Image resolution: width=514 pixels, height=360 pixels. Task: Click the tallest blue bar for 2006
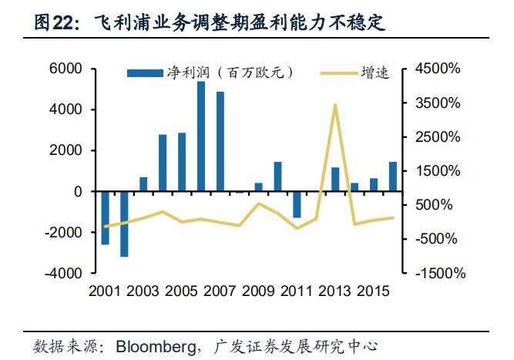[x=201, y=136]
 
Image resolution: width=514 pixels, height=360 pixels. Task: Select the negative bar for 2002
[x=124, y=224]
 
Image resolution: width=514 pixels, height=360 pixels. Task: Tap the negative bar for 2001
[x=105, y=217]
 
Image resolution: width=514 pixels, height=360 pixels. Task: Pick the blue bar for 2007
[x=220, y=141]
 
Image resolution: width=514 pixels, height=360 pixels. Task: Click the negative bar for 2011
[x=297, y=204]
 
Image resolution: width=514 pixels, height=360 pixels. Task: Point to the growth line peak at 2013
[x=334, y=105]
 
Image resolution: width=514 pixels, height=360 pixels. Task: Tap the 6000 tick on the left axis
[x=66, y=69]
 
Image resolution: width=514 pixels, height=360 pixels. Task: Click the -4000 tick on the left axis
[x=62, y=273]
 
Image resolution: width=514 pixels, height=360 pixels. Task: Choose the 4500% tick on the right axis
[x=437, y=69]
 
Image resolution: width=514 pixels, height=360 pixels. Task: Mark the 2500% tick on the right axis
[x=437, y=136]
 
